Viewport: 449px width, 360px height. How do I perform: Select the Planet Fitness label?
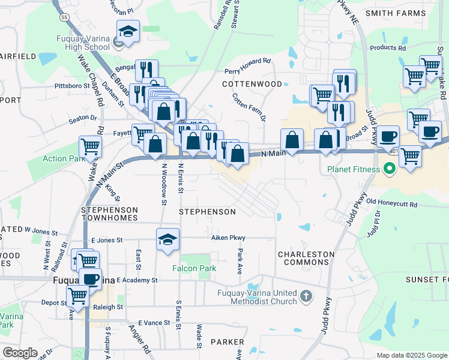(x=354, y=169)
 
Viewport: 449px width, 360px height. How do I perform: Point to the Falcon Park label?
(x=194, y=268)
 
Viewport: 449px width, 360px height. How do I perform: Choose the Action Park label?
(x=62, y=158)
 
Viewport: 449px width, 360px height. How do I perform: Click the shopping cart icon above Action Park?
(x=90, y=146)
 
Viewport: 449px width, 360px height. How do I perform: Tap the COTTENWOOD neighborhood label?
(x=252, y=85)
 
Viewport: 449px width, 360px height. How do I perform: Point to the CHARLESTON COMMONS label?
(x=306, y=258)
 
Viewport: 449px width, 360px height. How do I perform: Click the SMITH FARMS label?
(x=395, y=13)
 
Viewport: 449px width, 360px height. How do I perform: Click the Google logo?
(x=20, y=353)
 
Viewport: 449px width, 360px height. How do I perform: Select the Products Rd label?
(x=388, y=48)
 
